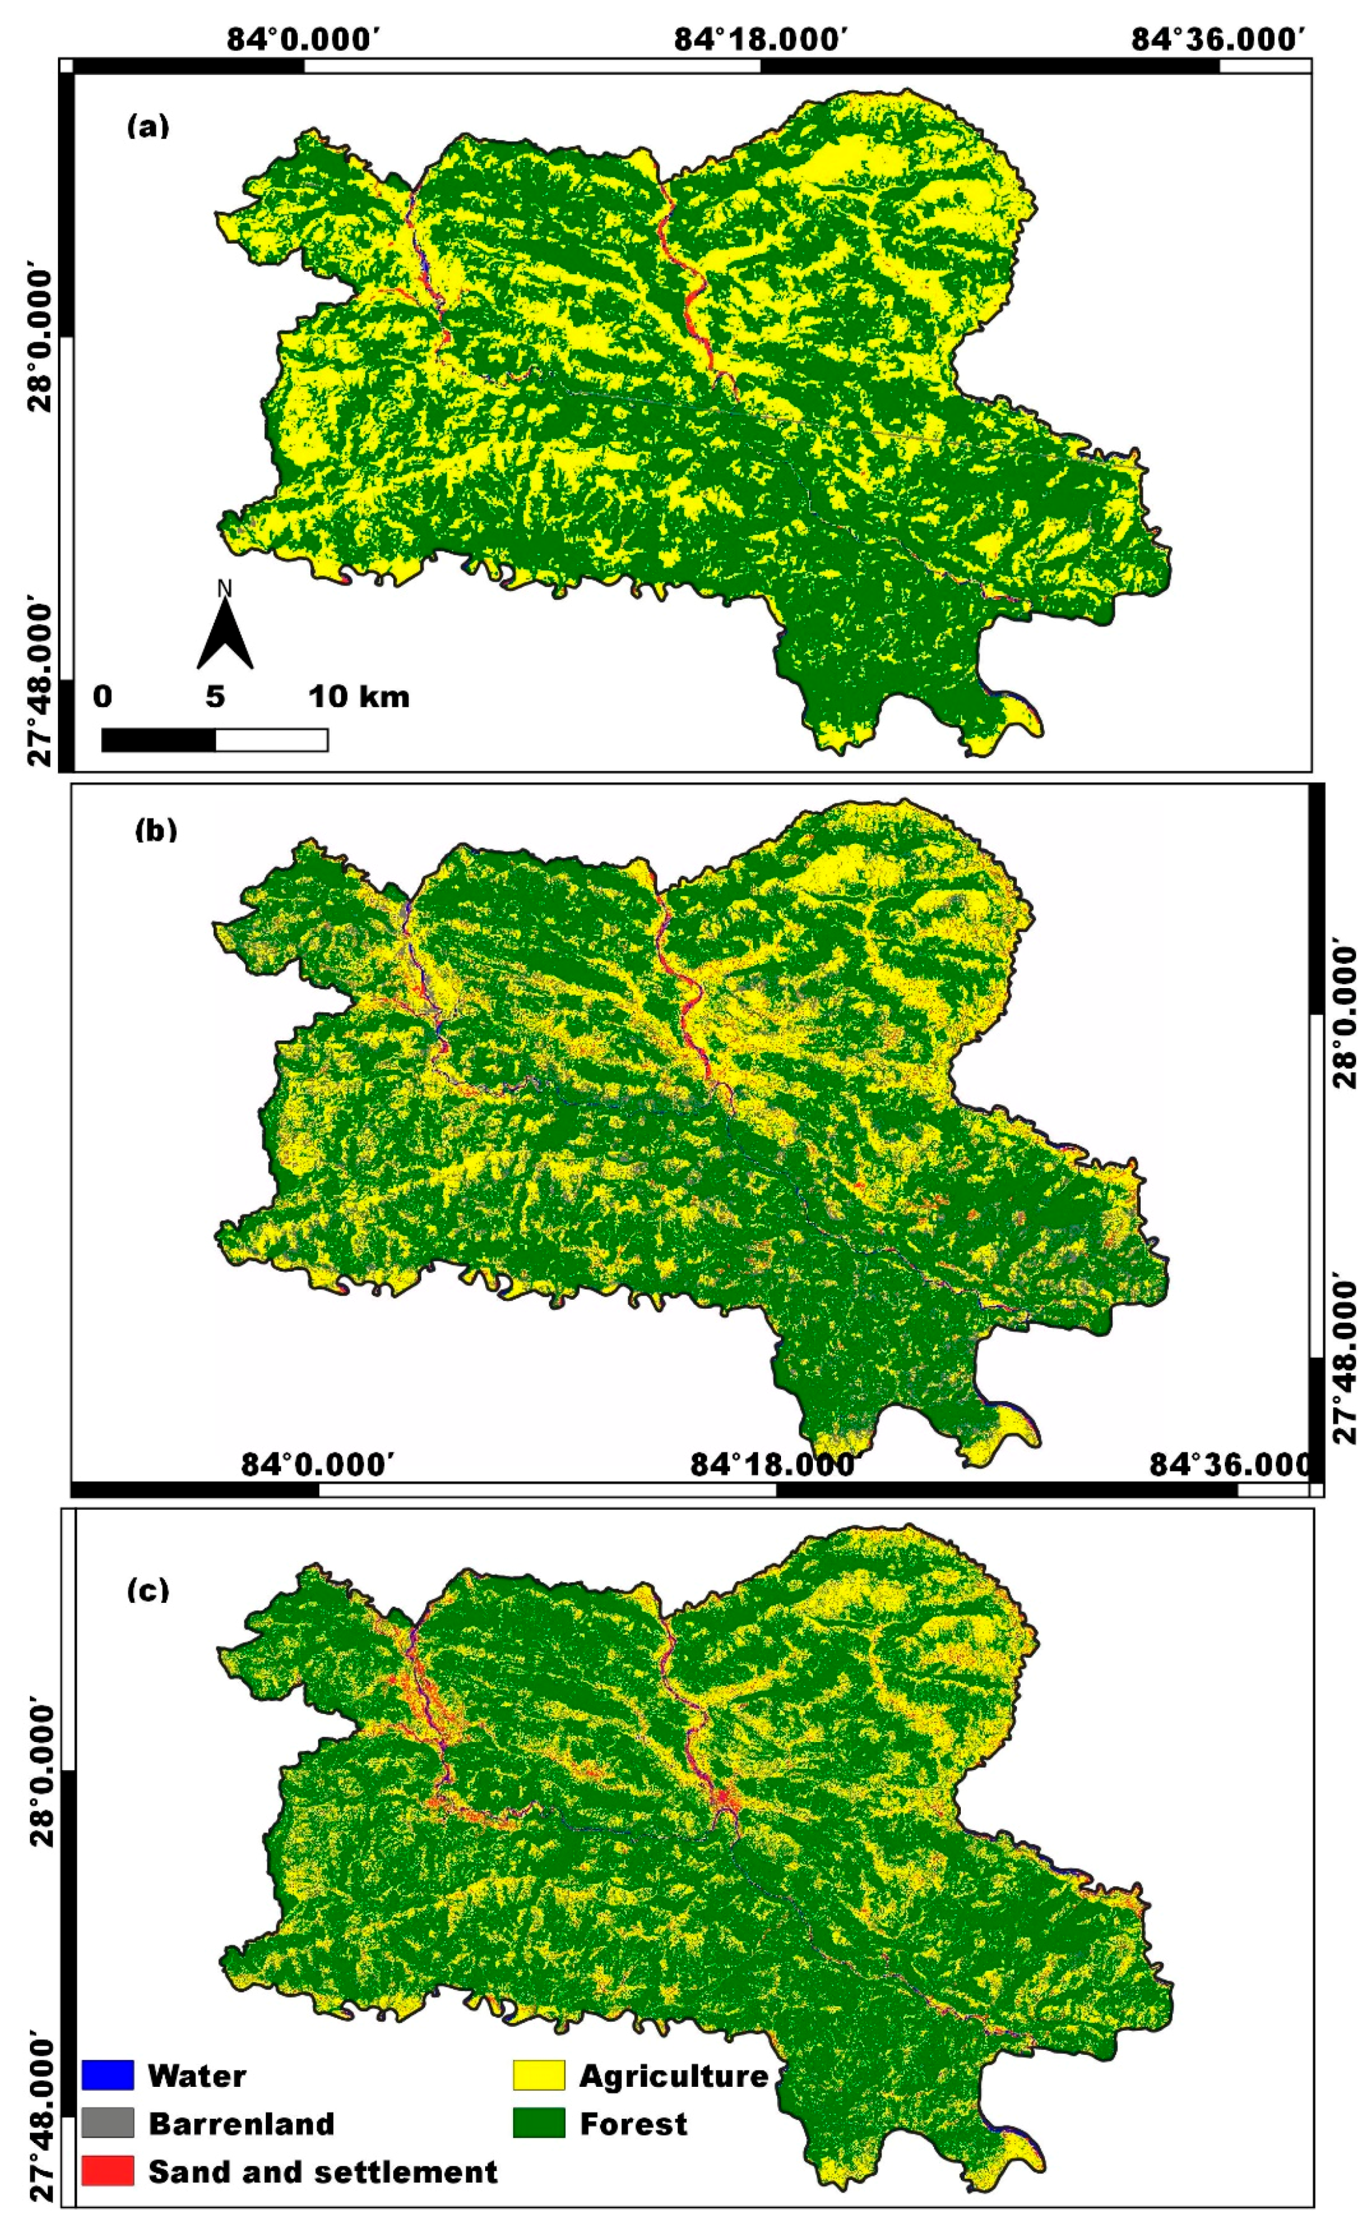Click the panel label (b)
pyautogui.click(x=155, y=830)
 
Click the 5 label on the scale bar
pyautogui.click(x=215, y=696)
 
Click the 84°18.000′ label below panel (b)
pyautogui.click(x=772, y=1464)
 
